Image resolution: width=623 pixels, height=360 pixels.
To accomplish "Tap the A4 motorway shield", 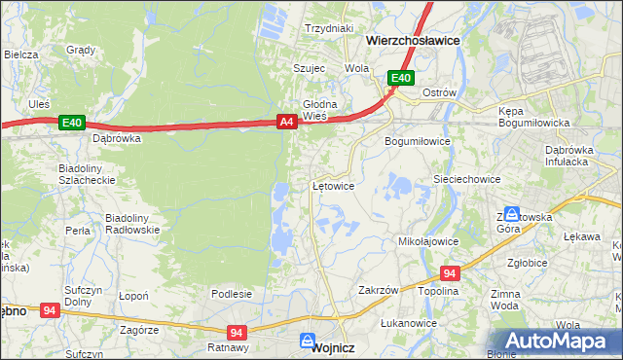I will [x=286, y=122].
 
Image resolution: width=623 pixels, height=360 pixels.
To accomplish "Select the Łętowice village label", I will [x=331, y=185].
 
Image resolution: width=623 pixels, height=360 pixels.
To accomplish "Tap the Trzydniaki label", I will [x=328, y=29].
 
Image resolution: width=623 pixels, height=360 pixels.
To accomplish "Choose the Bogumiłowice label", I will [x=417, y=141].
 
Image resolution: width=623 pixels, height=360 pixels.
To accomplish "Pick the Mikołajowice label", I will [x=428, y=239].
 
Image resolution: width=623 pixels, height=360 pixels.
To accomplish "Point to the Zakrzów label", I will [x=379, y=290].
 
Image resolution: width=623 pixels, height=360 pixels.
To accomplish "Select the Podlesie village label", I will [x=232, y=293].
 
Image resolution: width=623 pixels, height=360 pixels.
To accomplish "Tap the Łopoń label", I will [x=132, y=295].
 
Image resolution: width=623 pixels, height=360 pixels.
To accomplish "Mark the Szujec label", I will [x=309, y=68].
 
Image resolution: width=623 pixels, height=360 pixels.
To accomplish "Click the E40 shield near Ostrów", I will [x=401, y=78].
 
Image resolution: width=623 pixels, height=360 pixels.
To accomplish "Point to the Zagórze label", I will [x=139, y=330].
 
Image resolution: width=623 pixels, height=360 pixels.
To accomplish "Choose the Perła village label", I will [x=78, y=232].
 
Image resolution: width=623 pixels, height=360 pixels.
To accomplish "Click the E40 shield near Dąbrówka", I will [x=72, y=123].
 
